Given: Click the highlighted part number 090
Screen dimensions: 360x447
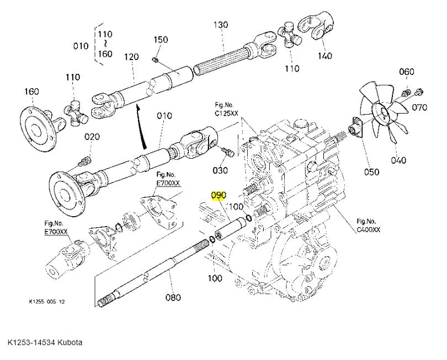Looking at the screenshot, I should (219, 196).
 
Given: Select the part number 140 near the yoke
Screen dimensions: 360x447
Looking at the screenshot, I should (324, 55).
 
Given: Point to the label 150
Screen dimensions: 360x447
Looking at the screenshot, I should (161, 40).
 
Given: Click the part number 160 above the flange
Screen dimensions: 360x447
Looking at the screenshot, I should (32, 91).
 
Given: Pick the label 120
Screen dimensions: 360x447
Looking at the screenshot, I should (131, 57).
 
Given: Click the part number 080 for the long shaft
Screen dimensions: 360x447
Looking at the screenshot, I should (173, 298).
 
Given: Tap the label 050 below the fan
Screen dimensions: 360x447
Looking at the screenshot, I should (371, 171).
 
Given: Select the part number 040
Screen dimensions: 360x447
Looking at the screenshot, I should (398, 160).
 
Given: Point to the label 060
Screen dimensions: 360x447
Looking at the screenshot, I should (406, 72).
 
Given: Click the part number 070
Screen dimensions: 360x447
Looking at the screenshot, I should (420, 108).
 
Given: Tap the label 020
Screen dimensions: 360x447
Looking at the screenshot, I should (92, 137).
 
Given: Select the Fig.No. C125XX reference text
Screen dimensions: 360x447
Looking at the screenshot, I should (226, 108).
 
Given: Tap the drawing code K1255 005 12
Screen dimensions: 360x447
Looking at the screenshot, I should (47, 302).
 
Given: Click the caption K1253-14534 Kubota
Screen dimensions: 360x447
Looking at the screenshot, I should (45, 343).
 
